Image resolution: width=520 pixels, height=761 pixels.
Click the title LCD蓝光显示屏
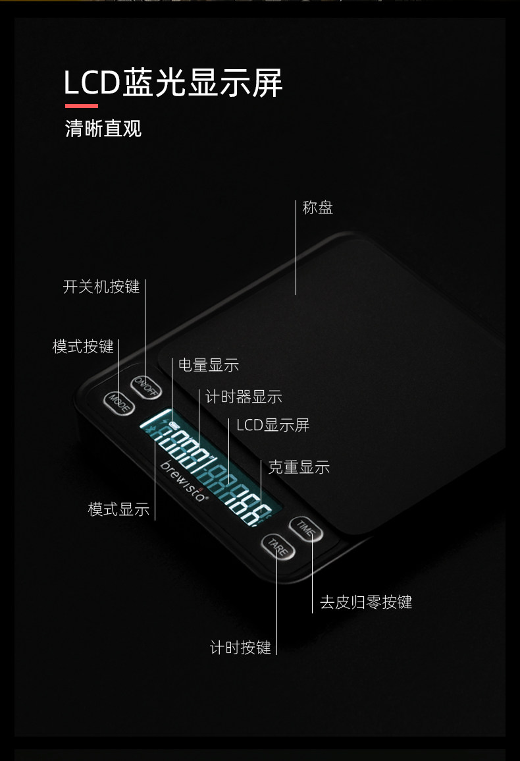tap(173, 83)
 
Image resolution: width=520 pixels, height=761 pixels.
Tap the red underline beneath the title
tap(81, 105)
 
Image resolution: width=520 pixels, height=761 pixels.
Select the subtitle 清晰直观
tap(103, 128)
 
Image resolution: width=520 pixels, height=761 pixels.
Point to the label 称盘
tap(318, 208)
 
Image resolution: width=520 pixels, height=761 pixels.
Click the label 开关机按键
tap(101, 287)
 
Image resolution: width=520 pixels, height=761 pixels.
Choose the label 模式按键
tap(83, 347)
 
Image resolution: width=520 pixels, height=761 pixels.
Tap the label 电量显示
tap(208, 365)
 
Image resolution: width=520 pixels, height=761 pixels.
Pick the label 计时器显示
tap(244, 397)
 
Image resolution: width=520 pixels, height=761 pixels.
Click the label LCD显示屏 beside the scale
tap(273, 425)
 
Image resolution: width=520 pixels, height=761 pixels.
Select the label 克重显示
tap(299, 468)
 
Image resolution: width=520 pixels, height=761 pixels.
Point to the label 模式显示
tap(119, 509)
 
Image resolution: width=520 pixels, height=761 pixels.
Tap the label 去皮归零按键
tap(366, 602)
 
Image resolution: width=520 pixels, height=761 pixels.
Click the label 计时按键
tap(240, 648)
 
